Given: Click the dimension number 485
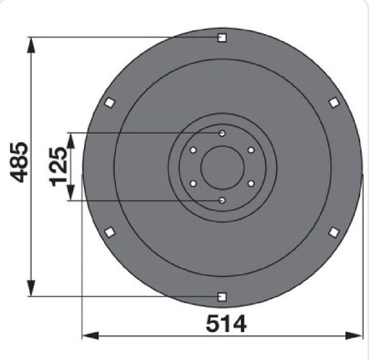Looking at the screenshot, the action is pyautogui.click(x=19, y=162).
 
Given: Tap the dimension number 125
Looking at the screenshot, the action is pyautogui.click(x=58, y=166).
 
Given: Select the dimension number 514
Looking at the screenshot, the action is pyautogui.click(x=226, y=323).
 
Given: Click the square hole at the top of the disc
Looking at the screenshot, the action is pyautogui.click(x=222, y=38).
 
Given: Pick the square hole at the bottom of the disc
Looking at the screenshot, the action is pyautogui.click(x=222, y=297).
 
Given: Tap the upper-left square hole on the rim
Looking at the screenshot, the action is pyautogui.click(x=110, y=102).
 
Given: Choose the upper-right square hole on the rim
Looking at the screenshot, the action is pyautogui.click(x=334, y=103).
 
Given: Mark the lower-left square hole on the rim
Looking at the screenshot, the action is pyautogui.click(x=110, y=232).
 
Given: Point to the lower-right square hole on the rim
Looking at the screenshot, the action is pyautogui.click(x=334, y=232).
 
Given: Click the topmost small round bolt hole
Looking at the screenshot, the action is pyautogui.click(x=222, y=133).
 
